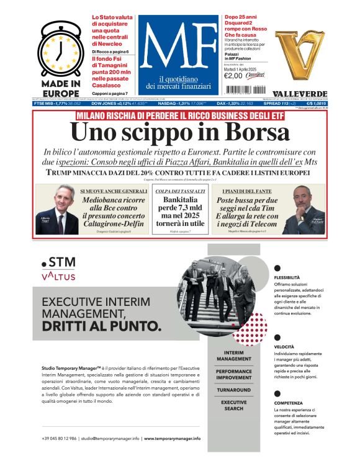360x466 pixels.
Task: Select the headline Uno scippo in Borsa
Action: pyautogui.click(x=180, y=132)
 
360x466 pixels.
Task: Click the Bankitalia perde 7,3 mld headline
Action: pyautogui.click(x=180, y=212)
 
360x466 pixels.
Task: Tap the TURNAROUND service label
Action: pyautogui.click(x=234, y=390)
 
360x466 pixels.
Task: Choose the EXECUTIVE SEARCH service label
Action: pyautogui.click(x=234, y=405)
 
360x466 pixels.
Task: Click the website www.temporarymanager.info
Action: pyautogui.click(x=172, y=438)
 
